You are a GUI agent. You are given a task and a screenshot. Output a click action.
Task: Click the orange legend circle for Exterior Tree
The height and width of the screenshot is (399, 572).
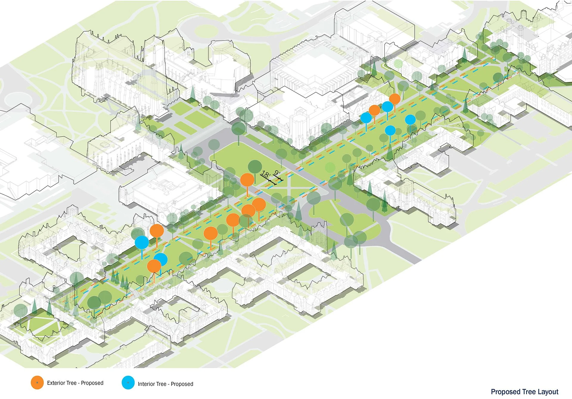37,382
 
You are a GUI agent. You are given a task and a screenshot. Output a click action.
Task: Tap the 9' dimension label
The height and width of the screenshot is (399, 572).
277,173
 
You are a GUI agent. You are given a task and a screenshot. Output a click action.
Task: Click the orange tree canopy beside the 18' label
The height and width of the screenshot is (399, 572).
247,180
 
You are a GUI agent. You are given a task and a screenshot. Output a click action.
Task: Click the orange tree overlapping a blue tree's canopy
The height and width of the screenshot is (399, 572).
154,266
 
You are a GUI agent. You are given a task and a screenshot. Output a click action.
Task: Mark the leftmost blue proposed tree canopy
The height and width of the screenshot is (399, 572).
142,242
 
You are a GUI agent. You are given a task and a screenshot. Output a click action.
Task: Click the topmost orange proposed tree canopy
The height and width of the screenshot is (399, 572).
395,99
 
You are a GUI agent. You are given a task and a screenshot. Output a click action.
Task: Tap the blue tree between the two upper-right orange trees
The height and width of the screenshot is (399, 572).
387,107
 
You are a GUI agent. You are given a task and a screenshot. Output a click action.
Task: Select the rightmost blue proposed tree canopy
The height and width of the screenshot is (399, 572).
410,120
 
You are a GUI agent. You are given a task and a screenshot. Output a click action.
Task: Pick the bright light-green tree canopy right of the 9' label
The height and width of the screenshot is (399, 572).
330,167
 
